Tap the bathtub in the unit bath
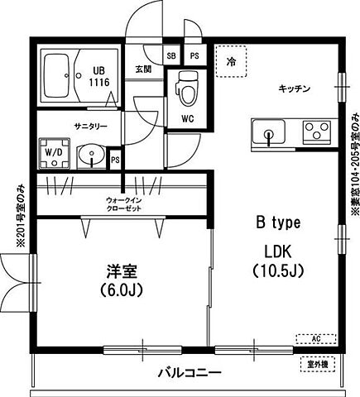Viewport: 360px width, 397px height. (x=58, y=76)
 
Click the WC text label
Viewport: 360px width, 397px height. (x=187, y=118)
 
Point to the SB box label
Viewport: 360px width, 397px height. (x=171, y=55)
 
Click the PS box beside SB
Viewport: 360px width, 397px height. (x=194, y=55)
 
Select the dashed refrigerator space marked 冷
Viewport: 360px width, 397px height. (x=229, y=60)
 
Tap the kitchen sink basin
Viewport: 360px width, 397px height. (x=268, y=132)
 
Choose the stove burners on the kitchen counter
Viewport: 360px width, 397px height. (x=315, y=131)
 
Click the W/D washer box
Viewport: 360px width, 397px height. (x=54, y=153)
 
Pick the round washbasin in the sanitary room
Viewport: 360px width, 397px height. (x=89, y=154)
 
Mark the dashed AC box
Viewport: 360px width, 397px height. (x=314, y=338)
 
